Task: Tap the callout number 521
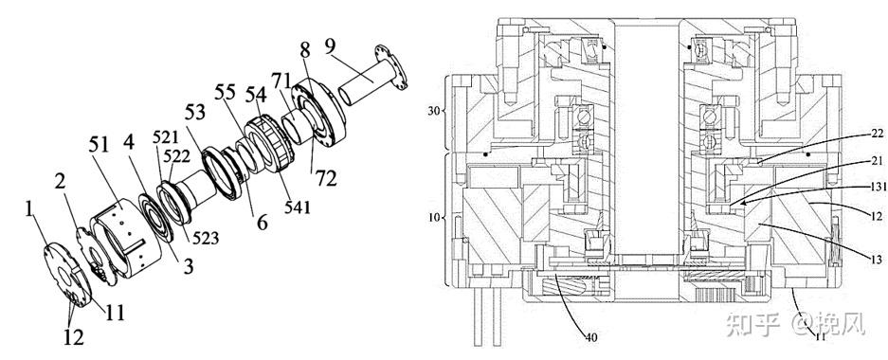(x=164, y=137)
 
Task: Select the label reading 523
(x=205, y=239)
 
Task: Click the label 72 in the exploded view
(x=327, y=178)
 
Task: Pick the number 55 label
(x=226, y=91)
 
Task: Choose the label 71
(x=281, y=80)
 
